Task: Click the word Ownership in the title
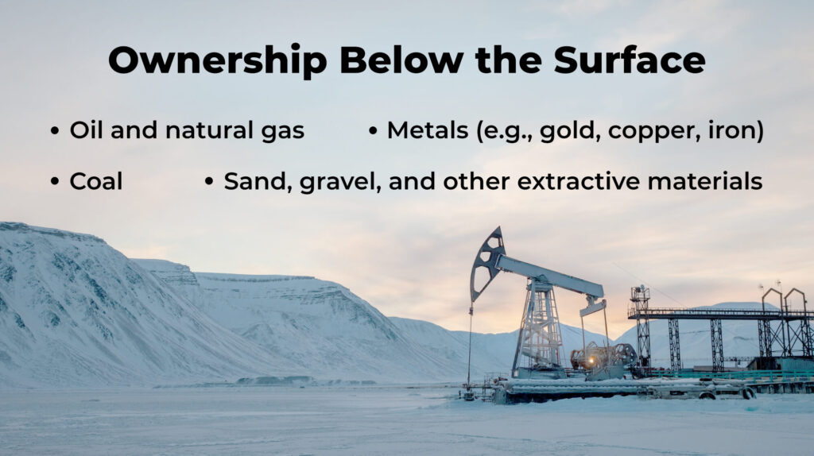(x=218, y=60)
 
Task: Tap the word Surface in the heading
(x=630, y=60)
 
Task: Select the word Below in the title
(x=401, y=60)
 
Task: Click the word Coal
(x=96, y=182)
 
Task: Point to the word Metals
(x=428, y=130)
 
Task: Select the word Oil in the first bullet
(x=86, y=130)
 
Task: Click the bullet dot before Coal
(x=55, y=182)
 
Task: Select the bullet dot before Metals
(x=373, y=131)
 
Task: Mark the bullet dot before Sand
(x=209, y=182)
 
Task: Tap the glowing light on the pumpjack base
(x=591, y=360)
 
